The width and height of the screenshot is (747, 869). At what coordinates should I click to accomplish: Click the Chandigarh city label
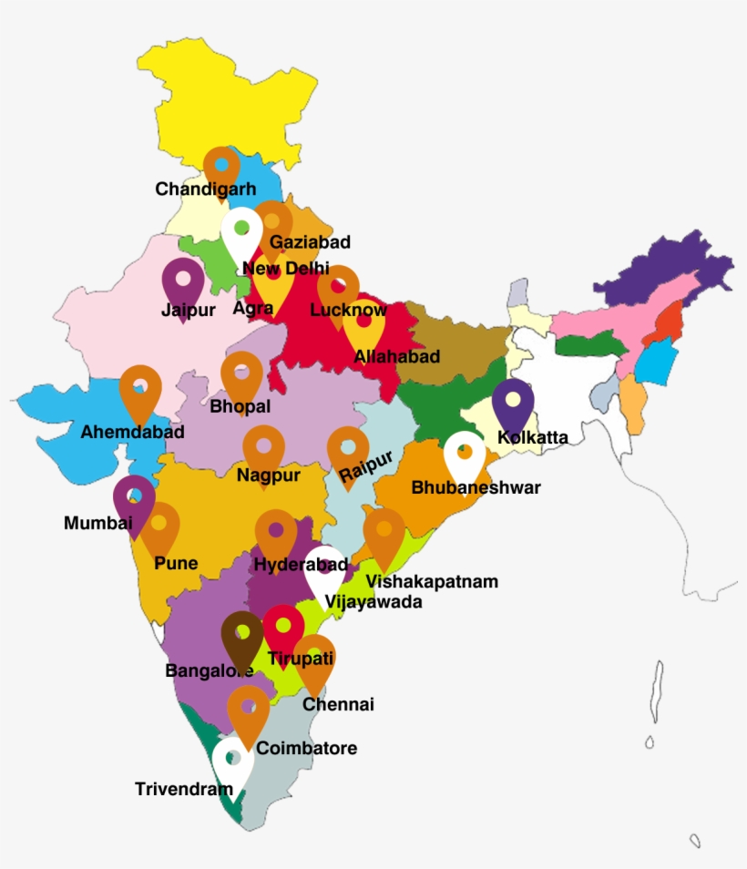pyautogui.click(x=205, y=189)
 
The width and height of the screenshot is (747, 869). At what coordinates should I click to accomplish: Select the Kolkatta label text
pyautogui.click(x=533, y=437)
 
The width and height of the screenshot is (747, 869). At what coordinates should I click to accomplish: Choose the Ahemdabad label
pyautogui.click(x=132, y=432)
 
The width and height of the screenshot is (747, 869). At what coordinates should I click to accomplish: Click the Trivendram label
pyautogui.click(x=183, y=789)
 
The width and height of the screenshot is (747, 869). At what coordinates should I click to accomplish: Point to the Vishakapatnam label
pyautogui.click(x=432, y=581)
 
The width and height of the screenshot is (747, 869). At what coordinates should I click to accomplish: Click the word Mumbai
pyautogui.click(x=97, y=523)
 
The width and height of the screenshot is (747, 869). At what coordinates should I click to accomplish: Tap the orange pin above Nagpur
pyautogui.click(x=264, y=447)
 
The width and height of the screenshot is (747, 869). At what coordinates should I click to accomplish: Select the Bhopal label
pyautogui.click(x=240, y=406)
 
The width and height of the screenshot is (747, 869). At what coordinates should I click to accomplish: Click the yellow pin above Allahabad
pyautogui.click(x=363, y=321)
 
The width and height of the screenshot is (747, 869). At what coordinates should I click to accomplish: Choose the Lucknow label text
pyautogui.click(x=348, y=310)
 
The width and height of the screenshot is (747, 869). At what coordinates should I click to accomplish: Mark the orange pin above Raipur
pyautogui.click(x=348, y=448)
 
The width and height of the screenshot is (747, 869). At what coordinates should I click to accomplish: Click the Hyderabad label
pyautogui.click(x=301, y=565)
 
